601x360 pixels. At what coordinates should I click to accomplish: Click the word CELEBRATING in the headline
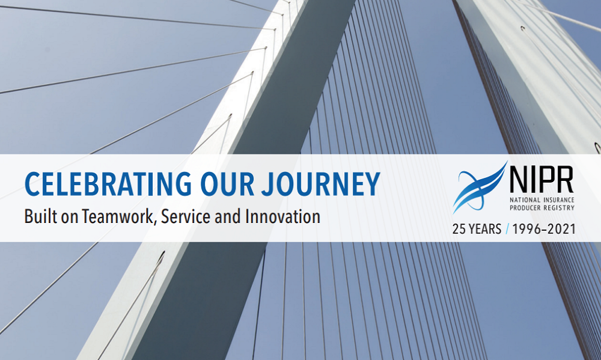pos(108,184)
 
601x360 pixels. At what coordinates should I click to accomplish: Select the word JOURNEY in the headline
pos(321,184)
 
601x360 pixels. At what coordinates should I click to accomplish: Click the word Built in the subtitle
pos(37,216)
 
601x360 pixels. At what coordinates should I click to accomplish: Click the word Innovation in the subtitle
pos(282,216)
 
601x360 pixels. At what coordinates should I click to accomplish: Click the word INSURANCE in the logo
pos(559,200)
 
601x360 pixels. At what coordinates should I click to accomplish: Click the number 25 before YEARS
pos(459,229)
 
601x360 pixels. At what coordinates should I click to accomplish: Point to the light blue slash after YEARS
pos(507,229)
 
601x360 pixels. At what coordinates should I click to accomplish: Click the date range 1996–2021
pos(544,229)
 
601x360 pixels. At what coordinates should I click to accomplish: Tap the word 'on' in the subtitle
pos(66,218)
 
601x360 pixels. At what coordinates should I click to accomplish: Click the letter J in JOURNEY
pos(268,184)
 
